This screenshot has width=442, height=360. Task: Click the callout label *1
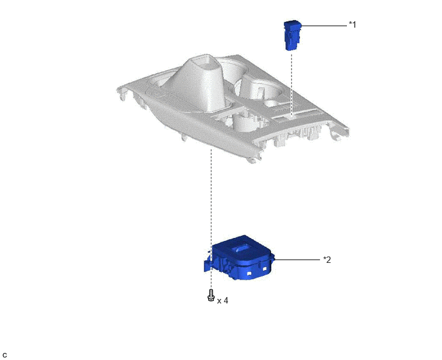(352, 25)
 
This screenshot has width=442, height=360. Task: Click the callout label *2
(327, 260)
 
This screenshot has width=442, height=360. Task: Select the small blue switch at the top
(292, 35)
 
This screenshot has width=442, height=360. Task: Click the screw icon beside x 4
(211, 295)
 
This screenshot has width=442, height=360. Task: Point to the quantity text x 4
(223, 301)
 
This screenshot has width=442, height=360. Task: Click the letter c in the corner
(4, 355)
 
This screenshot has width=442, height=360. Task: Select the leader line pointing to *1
(324, 26)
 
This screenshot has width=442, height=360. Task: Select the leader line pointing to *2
(297, 259)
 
